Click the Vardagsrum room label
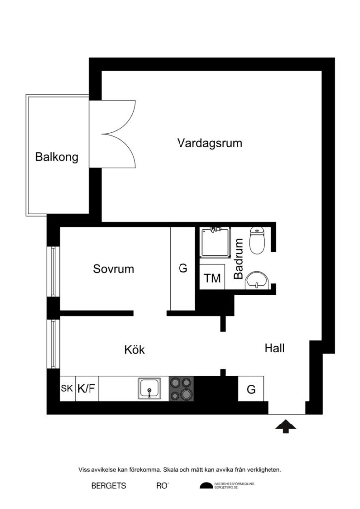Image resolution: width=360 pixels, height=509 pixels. coord(209,143)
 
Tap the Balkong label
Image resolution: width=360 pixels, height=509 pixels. coord(57,157)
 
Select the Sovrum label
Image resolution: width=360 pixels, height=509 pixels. coord(113,269)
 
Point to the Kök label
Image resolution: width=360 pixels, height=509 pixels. coord(134,350)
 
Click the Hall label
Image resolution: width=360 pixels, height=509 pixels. coord(274,348)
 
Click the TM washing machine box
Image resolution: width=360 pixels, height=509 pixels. coord(212,278)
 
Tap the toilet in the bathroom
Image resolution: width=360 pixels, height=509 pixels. coord(257,240)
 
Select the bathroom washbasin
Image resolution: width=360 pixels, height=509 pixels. coord(257,280)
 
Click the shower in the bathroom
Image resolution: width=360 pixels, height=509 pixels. coord(215,242)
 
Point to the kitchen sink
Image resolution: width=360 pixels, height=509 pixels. coord(149,388)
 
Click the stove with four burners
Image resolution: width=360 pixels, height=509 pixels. coord(181,388)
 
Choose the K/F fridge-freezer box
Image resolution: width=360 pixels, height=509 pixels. coord(86,389)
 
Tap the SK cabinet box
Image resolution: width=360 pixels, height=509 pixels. coord(67,389)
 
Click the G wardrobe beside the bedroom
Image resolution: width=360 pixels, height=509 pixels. coord(182,269)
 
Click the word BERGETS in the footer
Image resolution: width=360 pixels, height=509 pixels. coord(109,486)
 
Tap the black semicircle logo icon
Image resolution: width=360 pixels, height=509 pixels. coord(206,486)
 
